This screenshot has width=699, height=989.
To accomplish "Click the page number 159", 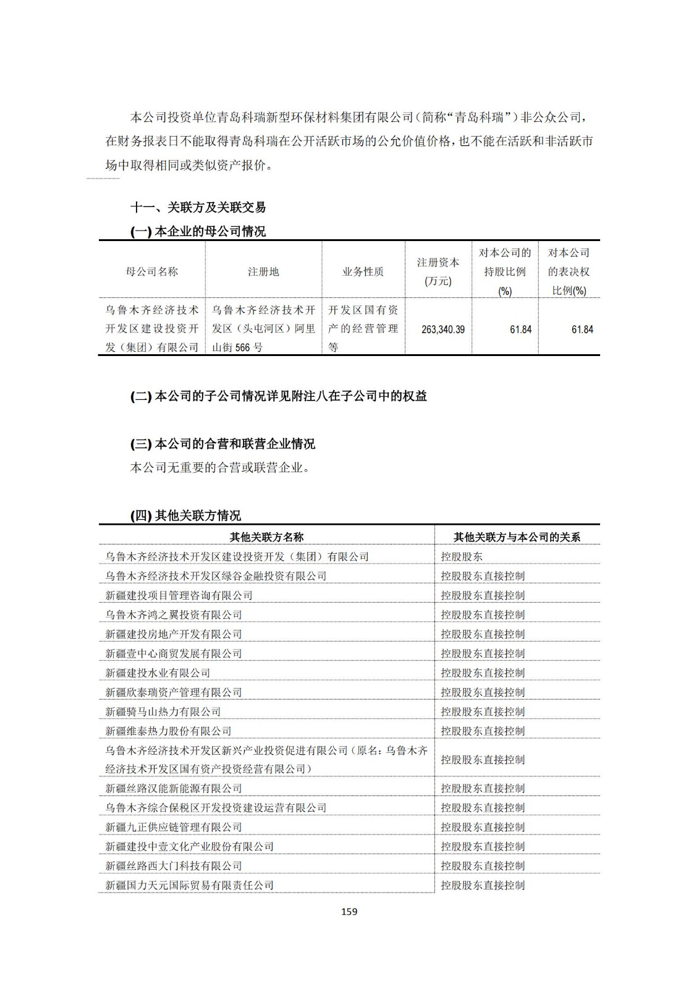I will pos(349,911).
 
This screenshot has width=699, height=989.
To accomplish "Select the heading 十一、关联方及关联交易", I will pos(198,208).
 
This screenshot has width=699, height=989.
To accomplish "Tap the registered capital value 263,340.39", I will pos(443,329).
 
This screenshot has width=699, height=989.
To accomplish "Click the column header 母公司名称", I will pos(152,271).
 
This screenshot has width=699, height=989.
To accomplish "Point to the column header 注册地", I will pos(263,271).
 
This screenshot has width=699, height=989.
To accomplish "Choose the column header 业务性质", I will pos(363,271).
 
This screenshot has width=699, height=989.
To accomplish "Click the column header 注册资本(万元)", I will pos(438,271).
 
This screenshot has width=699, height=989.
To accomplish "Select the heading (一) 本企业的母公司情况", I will pos(198,232).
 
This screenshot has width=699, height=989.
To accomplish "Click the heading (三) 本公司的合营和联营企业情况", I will pos(222,444).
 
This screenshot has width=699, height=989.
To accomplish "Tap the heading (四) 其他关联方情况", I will pos(185,516).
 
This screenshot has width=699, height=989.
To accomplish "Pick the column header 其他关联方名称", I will pos(266,537).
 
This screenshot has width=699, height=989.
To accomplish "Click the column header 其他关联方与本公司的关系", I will pos(517,537).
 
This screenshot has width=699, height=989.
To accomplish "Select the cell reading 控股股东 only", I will pos(462,556).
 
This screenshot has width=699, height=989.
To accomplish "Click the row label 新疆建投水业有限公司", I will pos(158,673).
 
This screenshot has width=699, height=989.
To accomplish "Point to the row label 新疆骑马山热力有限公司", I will pos(163,711).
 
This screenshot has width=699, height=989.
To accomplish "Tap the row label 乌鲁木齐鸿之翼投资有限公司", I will pos(174,614).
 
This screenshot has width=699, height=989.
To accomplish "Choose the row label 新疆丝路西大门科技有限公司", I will pos(174,865).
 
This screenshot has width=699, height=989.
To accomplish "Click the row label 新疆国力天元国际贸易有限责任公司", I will pos(189,885).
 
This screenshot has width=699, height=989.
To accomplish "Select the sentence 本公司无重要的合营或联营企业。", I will pos(220,468).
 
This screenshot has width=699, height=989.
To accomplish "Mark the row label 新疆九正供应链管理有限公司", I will pos(174,827).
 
